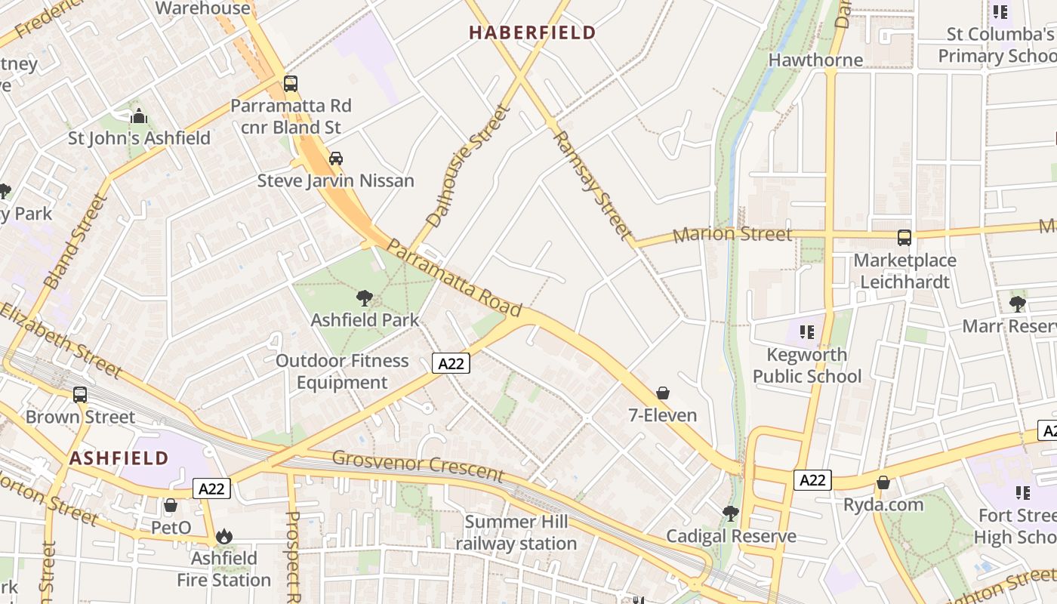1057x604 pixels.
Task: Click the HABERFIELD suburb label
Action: (x=532, y=32)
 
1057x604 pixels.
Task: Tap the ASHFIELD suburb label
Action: (x=119, y=458)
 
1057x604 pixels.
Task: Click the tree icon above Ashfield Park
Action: (x=365, y=298)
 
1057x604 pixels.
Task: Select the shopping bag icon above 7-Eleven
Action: (x=663, y=393)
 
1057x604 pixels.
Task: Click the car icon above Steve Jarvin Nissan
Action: (x=336, y=159)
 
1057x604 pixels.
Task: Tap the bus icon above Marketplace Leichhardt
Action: (x=904, y=238)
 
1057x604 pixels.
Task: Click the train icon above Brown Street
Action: (x=80, y=394)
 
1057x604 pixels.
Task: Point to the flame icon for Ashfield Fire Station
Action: (x=223, y=536)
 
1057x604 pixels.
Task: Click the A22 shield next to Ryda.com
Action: (x=812, y=480)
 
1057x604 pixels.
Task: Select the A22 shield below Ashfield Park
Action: (x=451, y=363)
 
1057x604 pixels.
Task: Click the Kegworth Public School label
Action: (x=806, y=365)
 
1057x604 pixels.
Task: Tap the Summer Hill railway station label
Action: (x=516, y=532)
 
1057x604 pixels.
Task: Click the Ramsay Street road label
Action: (x=591, y=185)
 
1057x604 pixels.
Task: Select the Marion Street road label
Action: (x=732, y=234)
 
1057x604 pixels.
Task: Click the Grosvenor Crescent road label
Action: (x=418, y=465)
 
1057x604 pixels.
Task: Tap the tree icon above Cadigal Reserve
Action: (x=730, y=513)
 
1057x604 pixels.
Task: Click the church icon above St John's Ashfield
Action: (x=139, y=117)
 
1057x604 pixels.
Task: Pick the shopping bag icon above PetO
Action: (x=171, y=505)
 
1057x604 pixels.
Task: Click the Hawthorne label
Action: (x=815, y=60)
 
